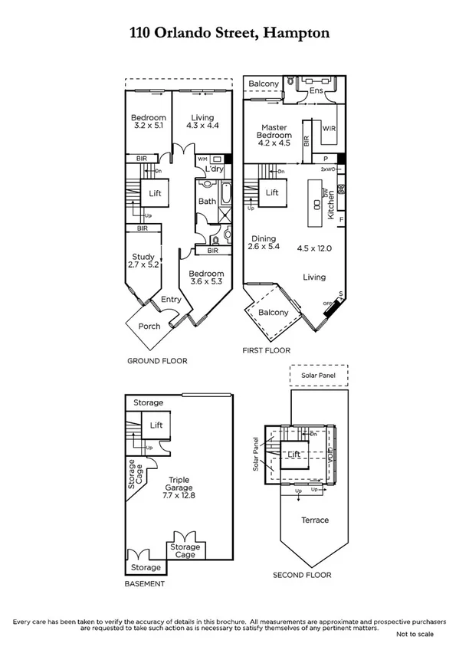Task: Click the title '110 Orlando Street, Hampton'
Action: point(229,33)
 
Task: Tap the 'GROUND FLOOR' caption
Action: point(156,360)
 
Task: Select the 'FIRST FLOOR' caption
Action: point(267,350)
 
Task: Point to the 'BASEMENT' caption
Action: point(144,583)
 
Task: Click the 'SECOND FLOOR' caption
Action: point(302,574)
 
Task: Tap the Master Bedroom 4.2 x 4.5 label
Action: point(274,136)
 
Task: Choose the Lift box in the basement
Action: point(156,425)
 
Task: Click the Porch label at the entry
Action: point(149,326)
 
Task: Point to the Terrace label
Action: point(314,520)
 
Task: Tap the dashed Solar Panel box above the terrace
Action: point(319,376)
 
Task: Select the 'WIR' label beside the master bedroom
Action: point(330,128)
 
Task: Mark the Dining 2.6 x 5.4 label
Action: point(265,243)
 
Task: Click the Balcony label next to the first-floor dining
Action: point(274,312)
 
